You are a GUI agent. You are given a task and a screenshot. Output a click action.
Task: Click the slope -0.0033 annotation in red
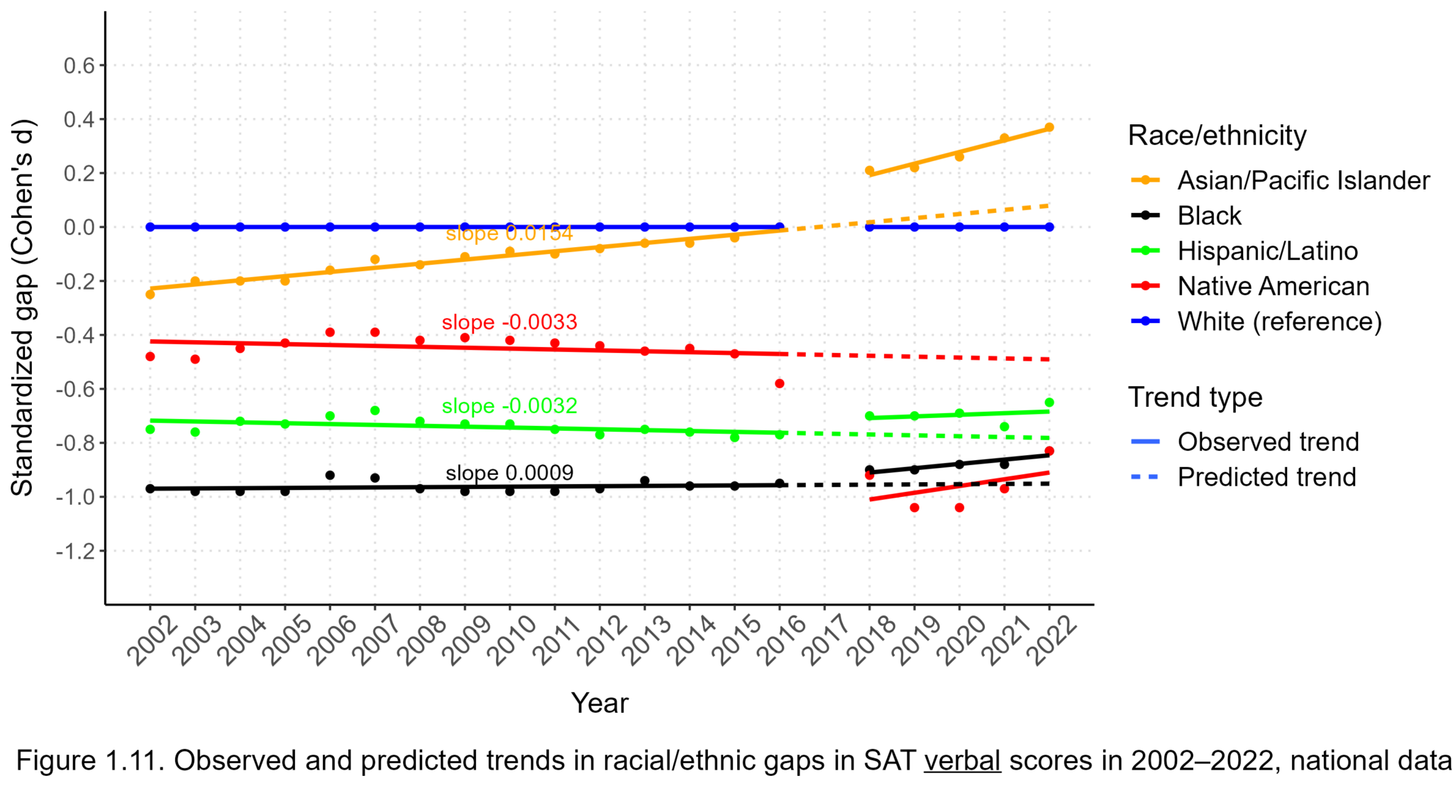pos(509,322)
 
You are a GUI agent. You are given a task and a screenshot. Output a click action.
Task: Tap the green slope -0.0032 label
pos(509,406)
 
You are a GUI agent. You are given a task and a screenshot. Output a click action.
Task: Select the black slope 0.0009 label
pos(509,473)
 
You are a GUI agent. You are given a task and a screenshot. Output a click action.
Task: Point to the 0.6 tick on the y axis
pos(79,66)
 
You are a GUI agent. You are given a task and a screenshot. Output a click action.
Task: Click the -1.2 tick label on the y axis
pos(75,552)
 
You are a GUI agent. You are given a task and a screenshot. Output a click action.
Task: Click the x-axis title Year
pos(600,704)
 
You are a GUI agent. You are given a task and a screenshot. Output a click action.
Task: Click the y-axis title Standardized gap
pos(23,308)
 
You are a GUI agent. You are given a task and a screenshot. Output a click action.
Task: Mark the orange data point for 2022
pos(1049,128)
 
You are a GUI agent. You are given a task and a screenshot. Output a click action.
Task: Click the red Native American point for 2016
pos(780,383)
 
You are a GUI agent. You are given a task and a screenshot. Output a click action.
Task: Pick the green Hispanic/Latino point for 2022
pos(1049,403)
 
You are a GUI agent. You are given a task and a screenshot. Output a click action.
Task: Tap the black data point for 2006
pos(330,475)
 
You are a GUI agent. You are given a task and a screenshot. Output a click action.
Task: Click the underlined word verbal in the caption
pos(962,761)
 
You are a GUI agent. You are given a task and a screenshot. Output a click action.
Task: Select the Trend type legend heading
pos(1195,397)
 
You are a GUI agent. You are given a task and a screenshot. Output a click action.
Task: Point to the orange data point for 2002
pos(150,294)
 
